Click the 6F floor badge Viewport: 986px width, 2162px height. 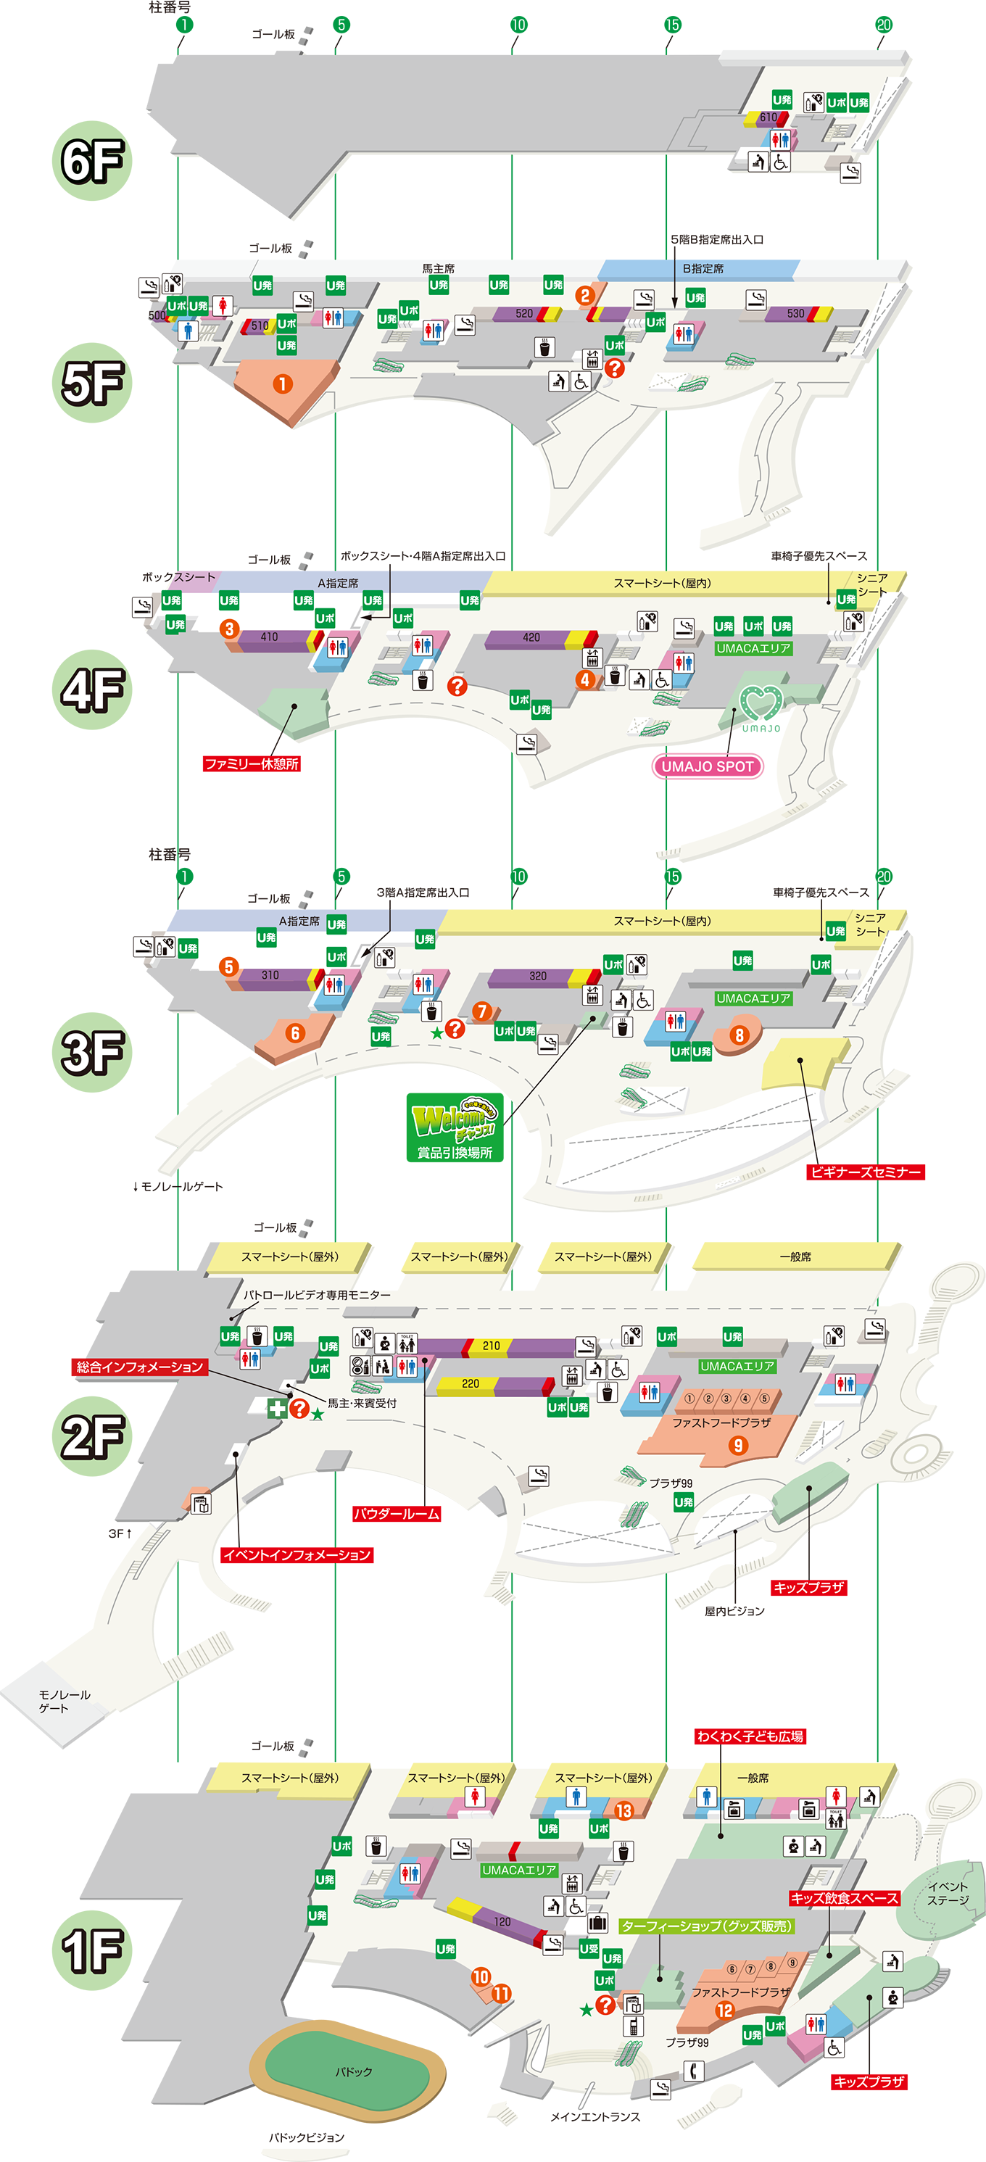[92, 160]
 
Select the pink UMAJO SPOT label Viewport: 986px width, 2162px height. [708, 766]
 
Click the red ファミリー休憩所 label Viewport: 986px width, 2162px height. [252, 763]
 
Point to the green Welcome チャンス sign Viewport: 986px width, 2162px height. [455, 1127]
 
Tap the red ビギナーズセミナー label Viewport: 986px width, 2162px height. [865, 1172]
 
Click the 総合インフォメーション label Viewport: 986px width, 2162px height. [140, 1367]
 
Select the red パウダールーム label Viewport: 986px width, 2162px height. [396, 1514]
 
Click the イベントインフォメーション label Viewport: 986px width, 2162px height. [297, 1555]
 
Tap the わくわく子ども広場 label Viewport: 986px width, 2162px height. [750, 1736]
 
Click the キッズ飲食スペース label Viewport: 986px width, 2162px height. [844, 1897]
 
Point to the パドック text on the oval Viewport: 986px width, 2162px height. [353, 2071]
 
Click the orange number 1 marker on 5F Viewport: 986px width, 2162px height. [283, 384]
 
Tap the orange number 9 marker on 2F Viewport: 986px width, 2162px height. [737, 1445]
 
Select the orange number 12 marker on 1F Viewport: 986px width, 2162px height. [724, 2010]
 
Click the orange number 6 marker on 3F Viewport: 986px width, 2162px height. [294, 1033]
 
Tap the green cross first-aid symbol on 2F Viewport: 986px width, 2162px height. [277, 1407]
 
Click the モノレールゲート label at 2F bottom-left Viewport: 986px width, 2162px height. [64, 1701]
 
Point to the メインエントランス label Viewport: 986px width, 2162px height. [595, 2116]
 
